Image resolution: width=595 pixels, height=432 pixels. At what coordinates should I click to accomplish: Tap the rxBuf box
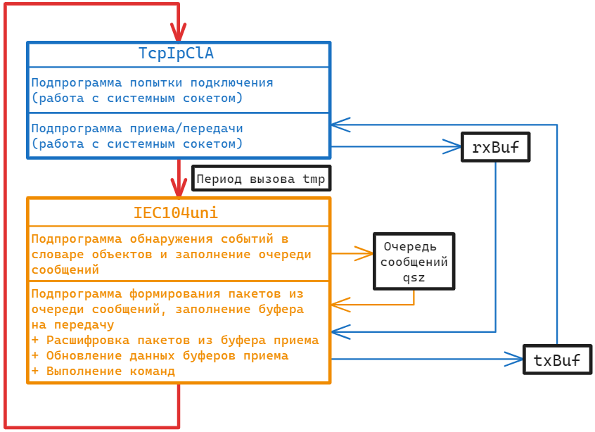pos(495,147)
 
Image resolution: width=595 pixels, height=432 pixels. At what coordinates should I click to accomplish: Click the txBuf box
pos(557,360)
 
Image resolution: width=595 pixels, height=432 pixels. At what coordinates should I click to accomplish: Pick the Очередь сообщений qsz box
pos(414,262)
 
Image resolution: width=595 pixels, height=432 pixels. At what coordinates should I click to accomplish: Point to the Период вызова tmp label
pos(261,179)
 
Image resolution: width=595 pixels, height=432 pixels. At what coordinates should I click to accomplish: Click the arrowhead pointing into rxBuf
pos(452,146)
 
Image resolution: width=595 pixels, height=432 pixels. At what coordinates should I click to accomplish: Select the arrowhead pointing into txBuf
pos(515,359)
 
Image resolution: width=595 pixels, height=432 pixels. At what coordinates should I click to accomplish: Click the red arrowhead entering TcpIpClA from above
pos(179,32)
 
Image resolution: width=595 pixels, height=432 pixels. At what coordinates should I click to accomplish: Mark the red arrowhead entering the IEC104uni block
pos(179,189)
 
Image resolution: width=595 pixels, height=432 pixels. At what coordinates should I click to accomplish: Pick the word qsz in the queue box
pos(414,278)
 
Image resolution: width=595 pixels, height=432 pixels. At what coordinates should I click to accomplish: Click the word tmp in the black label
pos(314,179)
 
